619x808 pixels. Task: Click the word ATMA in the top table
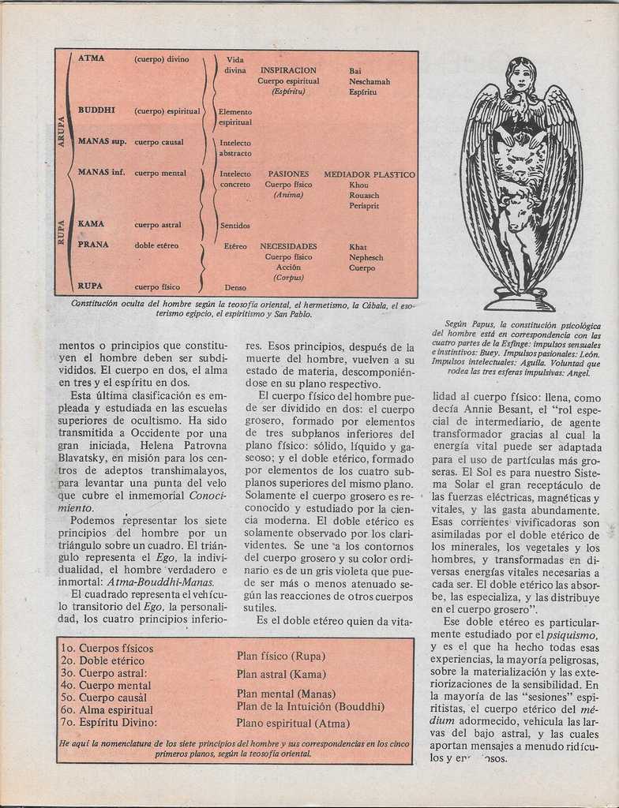91,58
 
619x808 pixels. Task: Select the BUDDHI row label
96,110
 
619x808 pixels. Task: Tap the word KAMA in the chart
91,224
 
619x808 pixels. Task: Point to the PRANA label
93,245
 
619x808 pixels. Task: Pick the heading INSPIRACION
288,70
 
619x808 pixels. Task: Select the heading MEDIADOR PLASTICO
369,174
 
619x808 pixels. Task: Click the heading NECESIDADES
288,246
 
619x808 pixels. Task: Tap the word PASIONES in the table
288,174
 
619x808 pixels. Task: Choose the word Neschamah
369,81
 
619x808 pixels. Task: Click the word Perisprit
364,206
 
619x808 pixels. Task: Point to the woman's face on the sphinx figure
520,77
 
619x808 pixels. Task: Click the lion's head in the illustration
520,160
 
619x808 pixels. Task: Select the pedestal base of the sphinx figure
520,301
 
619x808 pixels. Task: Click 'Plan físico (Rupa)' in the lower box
280,656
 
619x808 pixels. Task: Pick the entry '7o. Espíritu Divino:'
109,722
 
